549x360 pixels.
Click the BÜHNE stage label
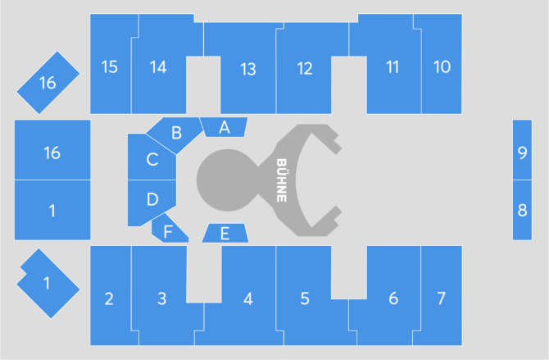[x=282, y=180]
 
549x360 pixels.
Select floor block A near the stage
[x=224, y=127]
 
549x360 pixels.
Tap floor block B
[x=176, y=133]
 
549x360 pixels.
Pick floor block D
[x=152, y=201]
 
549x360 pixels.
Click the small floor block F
[x=169, y=230]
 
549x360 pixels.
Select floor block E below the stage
[x=225, y=233]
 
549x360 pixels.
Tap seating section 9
[x=522, y=150]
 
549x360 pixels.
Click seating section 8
[x=522, y=210]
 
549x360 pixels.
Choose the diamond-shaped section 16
[x=48, y=83]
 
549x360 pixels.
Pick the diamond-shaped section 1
[x=48, y=283]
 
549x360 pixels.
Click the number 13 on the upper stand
[x=248, y=69]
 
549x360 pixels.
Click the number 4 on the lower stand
[x=248, y=298]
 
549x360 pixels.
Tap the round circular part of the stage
[x=227, y=180]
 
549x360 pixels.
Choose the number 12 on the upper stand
[x=305, y=69]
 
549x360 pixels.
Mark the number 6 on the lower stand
[x=393, y=298]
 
